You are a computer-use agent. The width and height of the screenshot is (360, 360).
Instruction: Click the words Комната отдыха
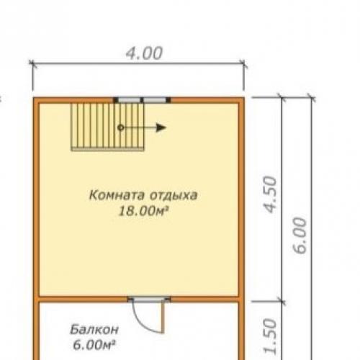pyautogui.click(x=143, y=195)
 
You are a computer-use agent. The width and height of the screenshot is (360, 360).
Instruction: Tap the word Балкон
pyautogui.click(x=94, y=329)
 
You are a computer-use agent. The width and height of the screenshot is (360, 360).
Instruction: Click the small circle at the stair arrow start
pyautogui.click(x=120, y=127)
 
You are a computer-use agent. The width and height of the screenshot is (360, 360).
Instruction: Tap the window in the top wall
pyautogui.click(x=143, y=98)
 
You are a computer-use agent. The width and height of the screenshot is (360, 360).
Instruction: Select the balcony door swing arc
pyautogui.click(x=140, y=317)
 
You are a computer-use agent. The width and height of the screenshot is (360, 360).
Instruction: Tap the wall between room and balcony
pyautogui.click(x=79, y=298)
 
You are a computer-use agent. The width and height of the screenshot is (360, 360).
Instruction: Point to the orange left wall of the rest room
pyautogui.click(x=35, y=194)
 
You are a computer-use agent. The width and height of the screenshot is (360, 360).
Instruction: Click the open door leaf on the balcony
pyautogui.click(x=163, y=315)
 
